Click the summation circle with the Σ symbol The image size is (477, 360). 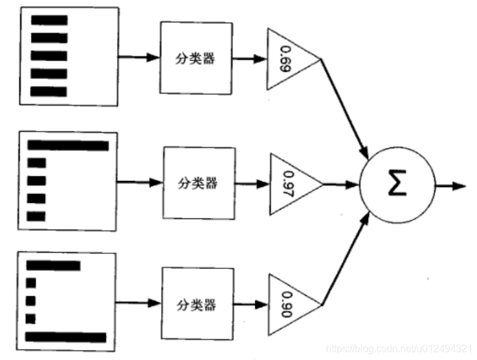[x=396, y=186]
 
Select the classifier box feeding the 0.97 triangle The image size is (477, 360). [x=199, y=183]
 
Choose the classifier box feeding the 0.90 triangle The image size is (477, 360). [x=197, y=304]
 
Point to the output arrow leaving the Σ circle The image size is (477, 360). [x=450, y=186]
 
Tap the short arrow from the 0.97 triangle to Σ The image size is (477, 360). [x=342, y=185]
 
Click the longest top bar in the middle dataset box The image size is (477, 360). [x=68, y=146]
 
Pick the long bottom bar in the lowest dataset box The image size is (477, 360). [x=66, y=337]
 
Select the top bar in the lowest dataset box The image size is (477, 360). [x=53, y=266]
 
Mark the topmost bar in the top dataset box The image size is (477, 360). [x=49, y=19]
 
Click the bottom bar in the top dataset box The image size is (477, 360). [x=49, y=91]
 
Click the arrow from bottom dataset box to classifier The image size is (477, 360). [x=139, y=304]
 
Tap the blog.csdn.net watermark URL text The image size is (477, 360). [x=400, y=348]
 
